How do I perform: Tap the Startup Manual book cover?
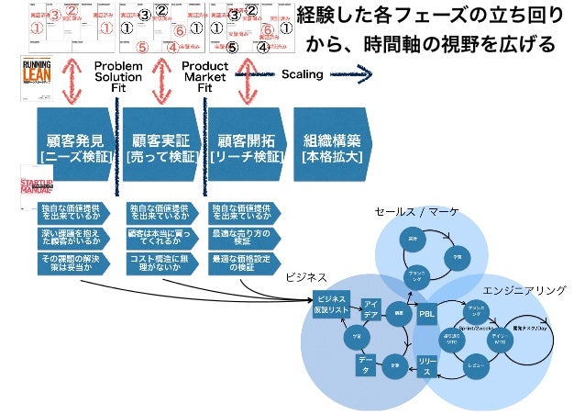[x=37, y=184]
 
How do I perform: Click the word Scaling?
[x=302, y=74]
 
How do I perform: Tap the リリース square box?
[x=426, y=364]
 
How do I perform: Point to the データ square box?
[x=366, y=366]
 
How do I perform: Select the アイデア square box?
[x=371, y=309]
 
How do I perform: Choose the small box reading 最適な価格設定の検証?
[x=244, y=263]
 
